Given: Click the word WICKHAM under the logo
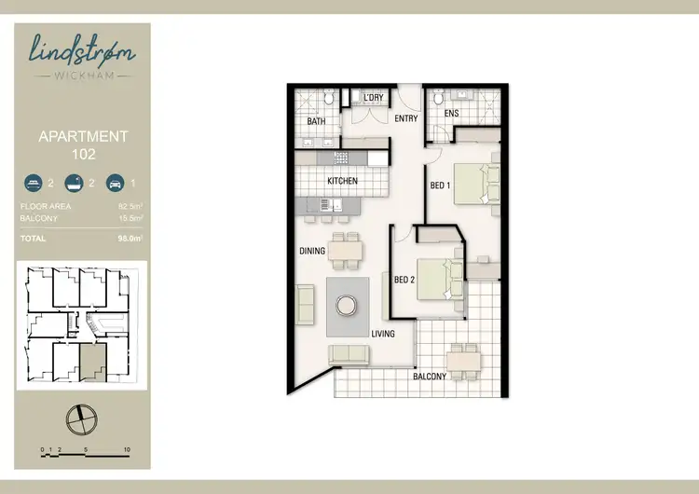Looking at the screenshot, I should [x=82, y=75].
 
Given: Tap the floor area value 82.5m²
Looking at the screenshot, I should [x=129, y=206].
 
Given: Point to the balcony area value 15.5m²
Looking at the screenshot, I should [x=129, y=218].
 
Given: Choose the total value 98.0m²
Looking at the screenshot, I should [x=129, y=239].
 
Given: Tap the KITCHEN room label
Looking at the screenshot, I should [x=342, y=181].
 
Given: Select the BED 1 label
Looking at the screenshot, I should [x=440, y=186].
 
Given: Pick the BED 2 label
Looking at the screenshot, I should [x=404, y=279].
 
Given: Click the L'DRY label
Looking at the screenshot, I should [x=374, y=98].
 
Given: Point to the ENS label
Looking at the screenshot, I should [x=452, y=115].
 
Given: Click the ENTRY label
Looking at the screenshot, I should [x=405, y=119].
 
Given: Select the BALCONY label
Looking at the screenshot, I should [x=444, y=377].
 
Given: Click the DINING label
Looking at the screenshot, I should [x=311, y=251].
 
